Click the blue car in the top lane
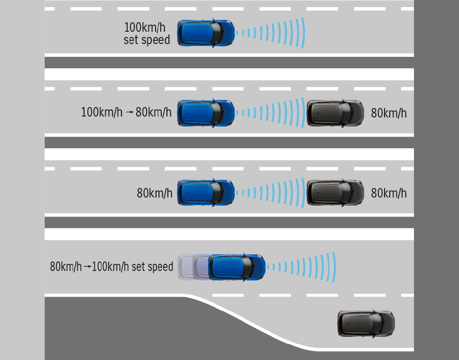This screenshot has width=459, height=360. (x=205, y=33)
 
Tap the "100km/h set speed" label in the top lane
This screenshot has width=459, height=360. (x=147, y=33)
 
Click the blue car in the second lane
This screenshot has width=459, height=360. (x=205, y=113)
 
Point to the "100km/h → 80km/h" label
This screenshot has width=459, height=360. (x=126, y=113)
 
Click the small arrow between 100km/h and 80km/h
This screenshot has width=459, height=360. (x=129, y=113)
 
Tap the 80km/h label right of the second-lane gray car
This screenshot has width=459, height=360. (x=389, y=113)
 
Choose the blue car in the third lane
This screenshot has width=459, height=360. (x=205, y=192)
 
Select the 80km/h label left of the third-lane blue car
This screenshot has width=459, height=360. (x=155, y=193)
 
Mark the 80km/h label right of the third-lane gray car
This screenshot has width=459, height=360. (x=389, y=193)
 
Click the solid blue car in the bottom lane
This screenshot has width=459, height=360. (x=236, y=267)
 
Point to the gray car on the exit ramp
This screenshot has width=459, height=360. (x=366, y=324)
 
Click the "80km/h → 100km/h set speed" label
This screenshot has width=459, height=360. (x=111, y=267)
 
